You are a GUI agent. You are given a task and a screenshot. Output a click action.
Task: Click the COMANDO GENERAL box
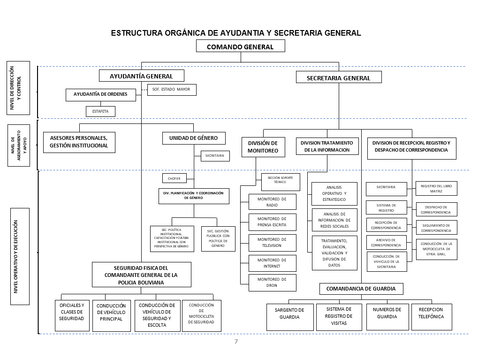(x=241, y=46)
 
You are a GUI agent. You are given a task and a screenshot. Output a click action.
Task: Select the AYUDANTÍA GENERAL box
(x=141, y=76)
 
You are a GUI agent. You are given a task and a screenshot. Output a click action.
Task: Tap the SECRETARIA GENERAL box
(x=338, y=78)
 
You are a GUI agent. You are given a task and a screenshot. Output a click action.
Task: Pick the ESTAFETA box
(x=100, y=112)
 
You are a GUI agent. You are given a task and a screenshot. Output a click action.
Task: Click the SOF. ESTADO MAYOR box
(x=172, y=89)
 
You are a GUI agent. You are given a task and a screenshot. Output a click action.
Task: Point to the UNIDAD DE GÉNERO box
(x=194, y=138)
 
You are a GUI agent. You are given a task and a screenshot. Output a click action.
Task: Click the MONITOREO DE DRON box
(x=272, y=283)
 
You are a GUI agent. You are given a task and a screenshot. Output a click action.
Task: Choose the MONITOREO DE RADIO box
(x=272, y=202)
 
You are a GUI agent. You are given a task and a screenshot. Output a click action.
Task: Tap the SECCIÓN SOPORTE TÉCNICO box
(x=280, y=182)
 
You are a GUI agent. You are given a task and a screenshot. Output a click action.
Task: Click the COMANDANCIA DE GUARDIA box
(x=361, y=289)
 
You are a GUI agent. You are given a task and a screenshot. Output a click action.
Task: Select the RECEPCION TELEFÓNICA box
(x=431, y=313)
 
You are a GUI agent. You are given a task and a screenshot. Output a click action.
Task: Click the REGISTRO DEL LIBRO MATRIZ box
(x=436, y=189)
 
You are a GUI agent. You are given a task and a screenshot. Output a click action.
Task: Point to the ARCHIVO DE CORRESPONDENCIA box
(x=386, y=242)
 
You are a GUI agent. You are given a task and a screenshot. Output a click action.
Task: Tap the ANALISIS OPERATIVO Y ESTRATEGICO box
(x=334, y=194)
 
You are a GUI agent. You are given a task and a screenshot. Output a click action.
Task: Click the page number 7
(x=236, y=341)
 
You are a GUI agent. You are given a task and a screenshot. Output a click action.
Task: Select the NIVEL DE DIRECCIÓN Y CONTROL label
(x=18, y=88)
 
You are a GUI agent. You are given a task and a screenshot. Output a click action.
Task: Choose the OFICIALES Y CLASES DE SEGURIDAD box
(x=72, y=312)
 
